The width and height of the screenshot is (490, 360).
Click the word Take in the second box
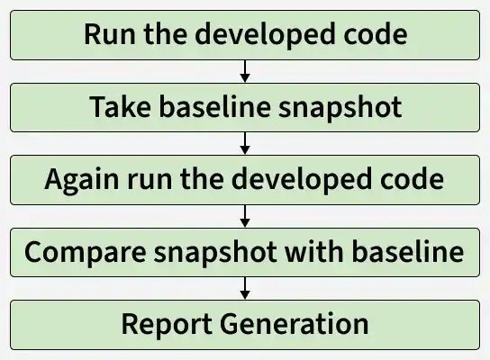point(120,107)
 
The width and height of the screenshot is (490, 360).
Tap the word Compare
point(86,253)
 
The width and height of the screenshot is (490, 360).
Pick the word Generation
point(294,323)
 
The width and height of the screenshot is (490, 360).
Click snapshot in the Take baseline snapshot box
point(340,108)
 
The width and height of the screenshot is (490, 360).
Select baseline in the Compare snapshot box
point(408,251)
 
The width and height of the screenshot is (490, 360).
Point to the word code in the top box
point(376,33)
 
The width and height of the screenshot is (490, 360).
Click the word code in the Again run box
point(412,178)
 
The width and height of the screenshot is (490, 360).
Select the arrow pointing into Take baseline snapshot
point(245,71)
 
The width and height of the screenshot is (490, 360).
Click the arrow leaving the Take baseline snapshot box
point(245,143)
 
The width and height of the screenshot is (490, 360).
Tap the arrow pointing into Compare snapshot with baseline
point(245,216)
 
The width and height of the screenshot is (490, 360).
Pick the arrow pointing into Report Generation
point(245,288)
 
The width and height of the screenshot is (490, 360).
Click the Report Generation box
point(245,325)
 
